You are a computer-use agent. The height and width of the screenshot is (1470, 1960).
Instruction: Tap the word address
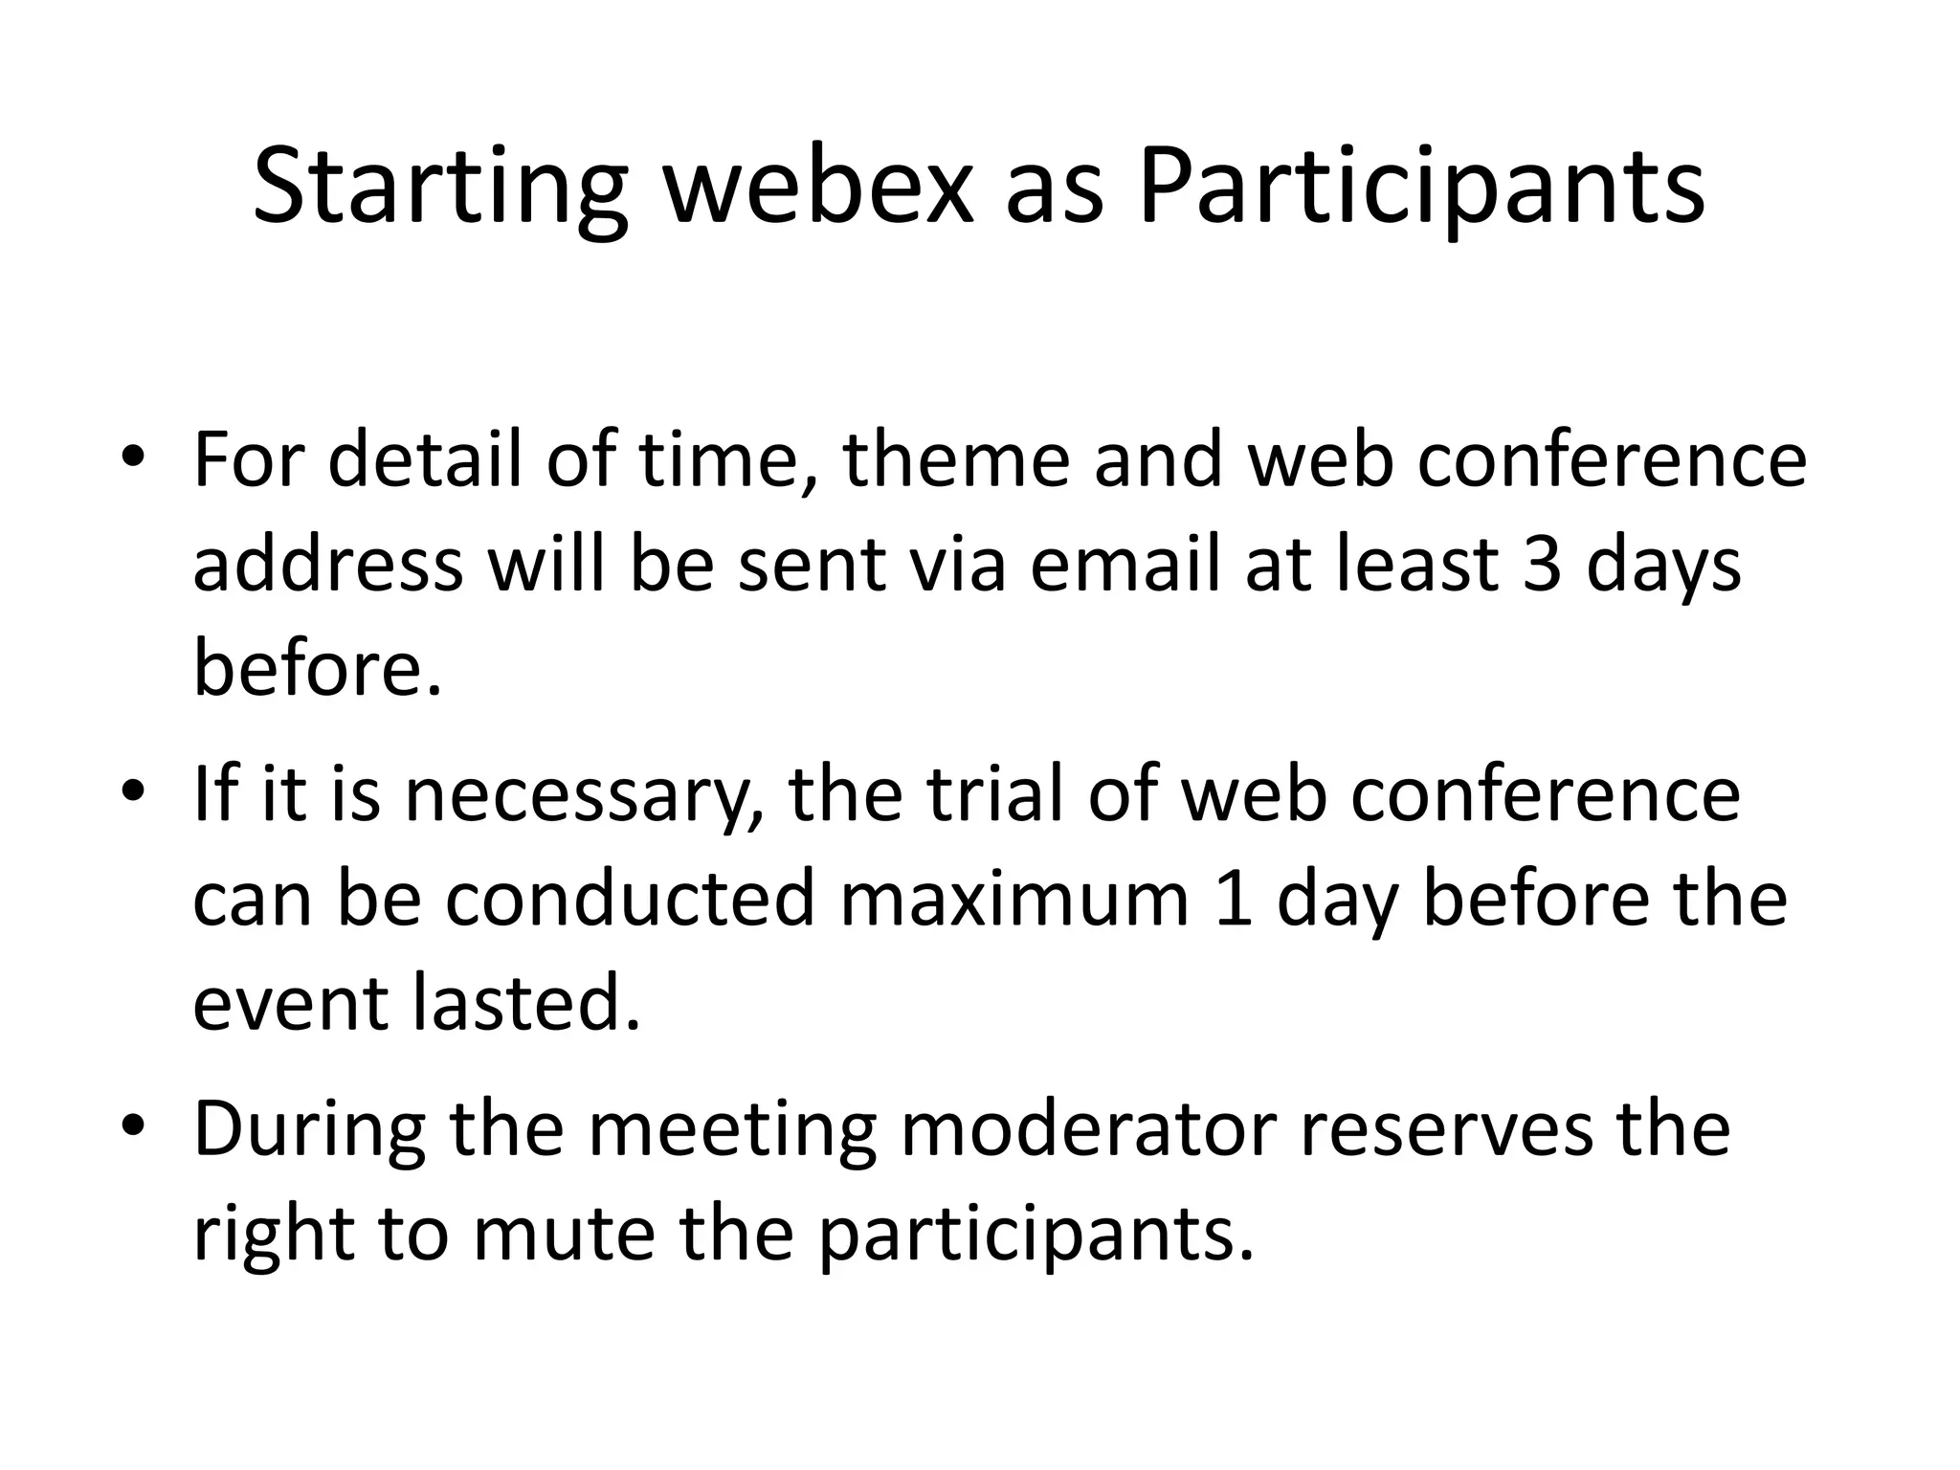(328, 564)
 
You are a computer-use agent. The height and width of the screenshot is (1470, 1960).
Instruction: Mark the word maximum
(1014, 899)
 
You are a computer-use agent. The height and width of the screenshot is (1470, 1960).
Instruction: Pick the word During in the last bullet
(309, 1128)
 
